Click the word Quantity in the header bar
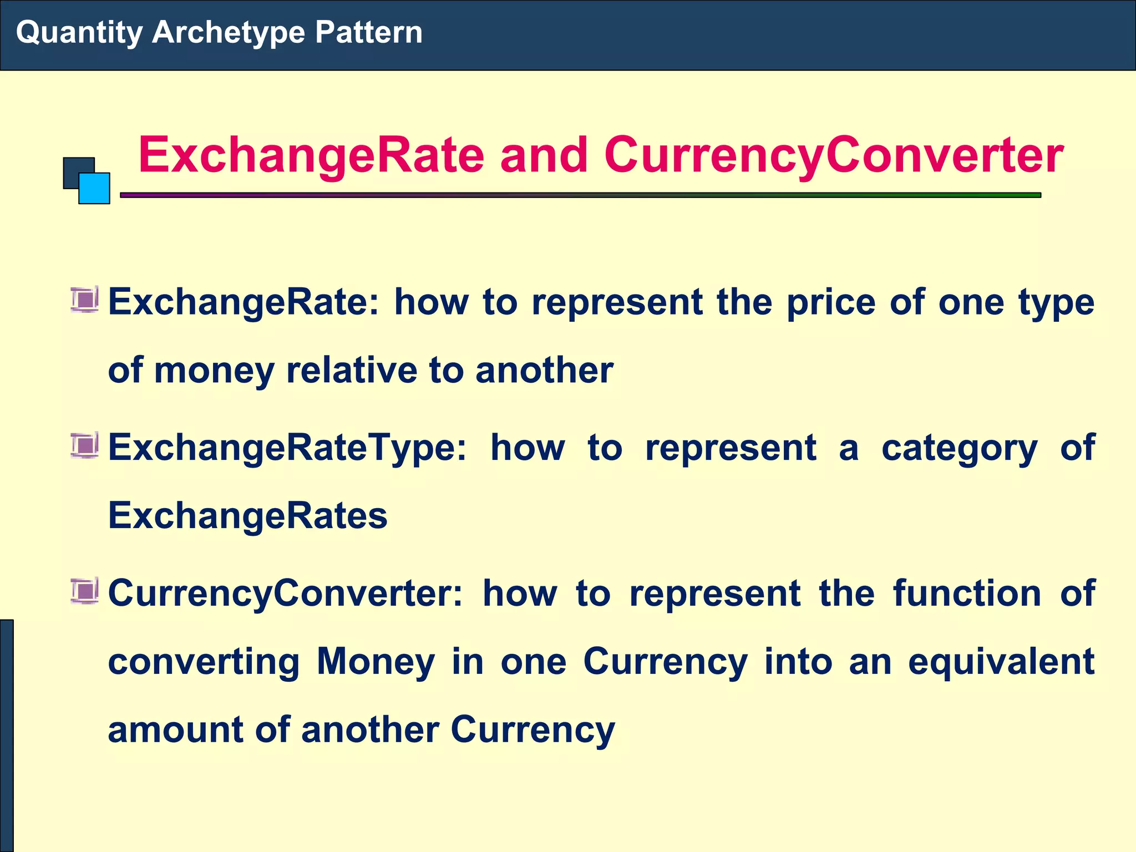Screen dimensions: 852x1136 [x=79, y=32]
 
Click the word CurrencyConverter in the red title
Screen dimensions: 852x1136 [x=834, y=155]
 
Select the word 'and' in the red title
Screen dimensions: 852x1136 [x=544, y=155]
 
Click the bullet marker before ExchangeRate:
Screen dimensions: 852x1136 [x=85, y=300]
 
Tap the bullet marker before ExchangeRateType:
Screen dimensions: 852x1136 [x=85, y=445]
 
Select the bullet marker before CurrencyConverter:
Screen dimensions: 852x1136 [x=85, y=591]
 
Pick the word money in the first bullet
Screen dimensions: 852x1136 [x=214, y=371]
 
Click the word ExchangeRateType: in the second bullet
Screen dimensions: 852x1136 [x=287, y=448]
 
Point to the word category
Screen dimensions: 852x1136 [x=959, y=448]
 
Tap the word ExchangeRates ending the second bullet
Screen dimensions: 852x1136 [x=247, y=516]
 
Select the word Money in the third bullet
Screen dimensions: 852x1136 [x=376, y=662]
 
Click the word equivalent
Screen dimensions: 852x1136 [x=1001, y=662]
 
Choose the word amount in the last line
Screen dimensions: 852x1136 [x=175, y=729]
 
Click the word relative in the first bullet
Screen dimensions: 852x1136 [x=351, y=371]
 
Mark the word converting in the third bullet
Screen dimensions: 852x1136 [x=204, y=662]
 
